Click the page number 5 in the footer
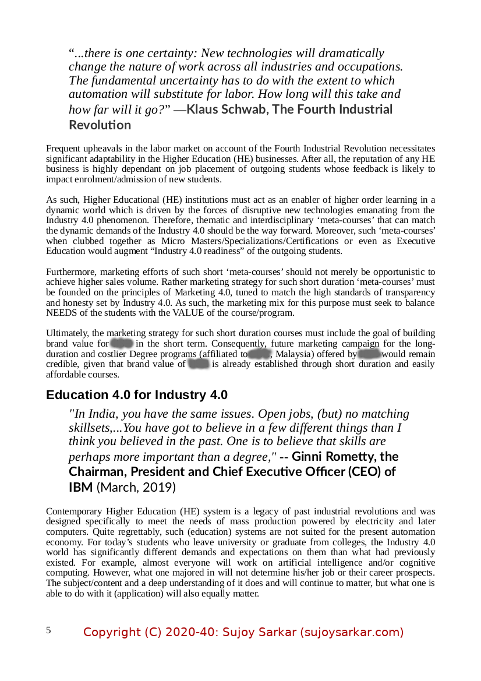tap(48, 630)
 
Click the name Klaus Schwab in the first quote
tap(226, 110)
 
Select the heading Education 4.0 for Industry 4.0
tap(137, 395)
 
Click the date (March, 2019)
tap(136, 486)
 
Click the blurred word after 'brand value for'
tap(122, 344)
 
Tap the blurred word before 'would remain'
tap(369, 354)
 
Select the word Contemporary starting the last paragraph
tap(74, 511)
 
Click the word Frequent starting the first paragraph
tap(63, 149)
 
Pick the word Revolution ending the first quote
tap(100, 125)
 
